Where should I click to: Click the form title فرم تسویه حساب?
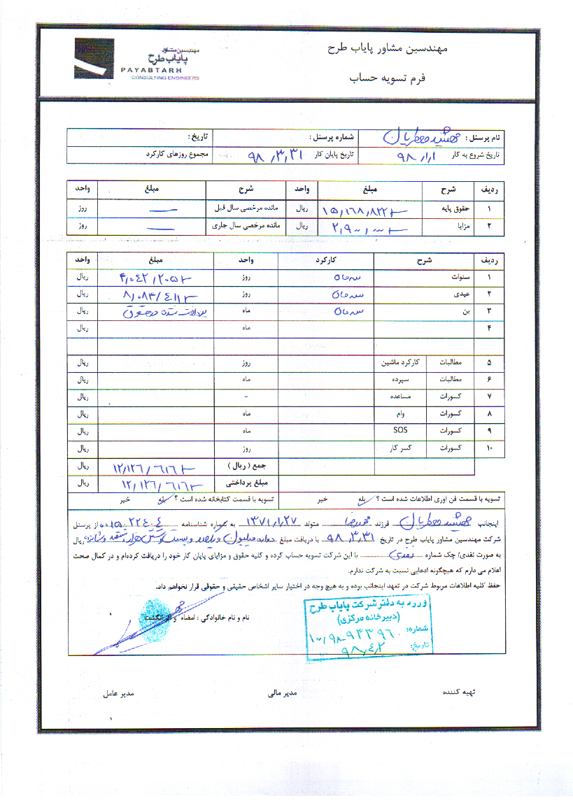coord(390,79)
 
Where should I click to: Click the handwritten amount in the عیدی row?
coord(150,294)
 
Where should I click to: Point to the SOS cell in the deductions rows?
coord(401,429)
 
